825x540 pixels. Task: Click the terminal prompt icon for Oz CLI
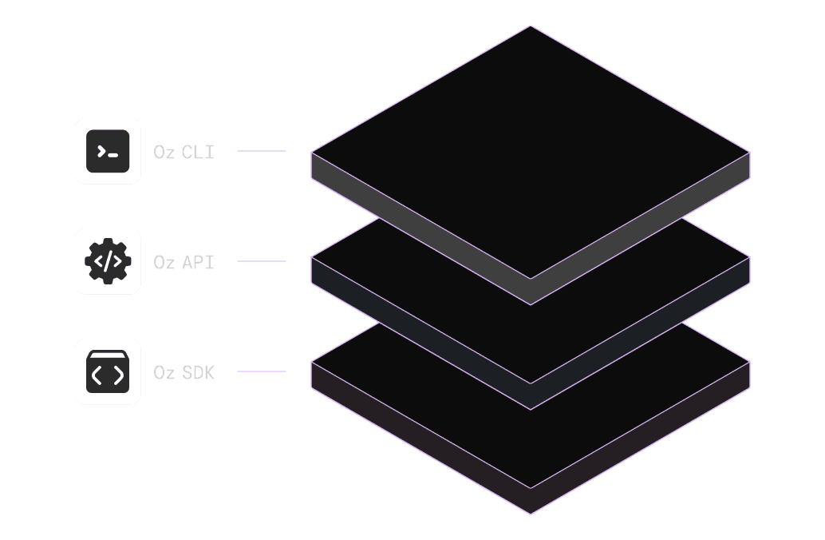pyautogui.click(x=108, y=151)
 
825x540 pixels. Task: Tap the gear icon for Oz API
pyautogui.click(x=108, y=261)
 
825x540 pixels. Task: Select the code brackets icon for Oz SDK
pyautogui.click(x=108, y=371)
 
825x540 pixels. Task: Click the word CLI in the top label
pyautogui.click(x=199, y=152)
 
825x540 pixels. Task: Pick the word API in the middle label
pyautogui.click(x=199, y=262)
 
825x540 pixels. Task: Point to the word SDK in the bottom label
pyautogui.click(x=199, y=372)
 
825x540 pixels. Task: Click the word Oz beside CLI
pyautogui.click(x=164, y=152)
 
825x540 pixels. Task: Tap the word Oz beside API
pyautogui.click(x=164, y=262)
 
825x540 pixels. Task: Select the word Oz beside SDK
pyautogui.click(x=164, y=372)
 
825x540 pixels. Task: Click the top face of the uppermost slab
pyautogui.click(x=531, y=152)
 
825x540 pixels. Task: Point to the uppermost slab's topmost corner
pyautogui.click(x=531, y=26)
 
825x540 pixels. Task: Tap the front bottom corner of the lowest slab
pyautogui.click(x=531, y=513)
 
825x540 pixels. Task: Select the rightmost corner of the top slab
pyautogui.click(x=750, y=152)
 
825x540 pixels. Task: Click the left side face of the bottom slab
pyautogui.click(x=415, y=436)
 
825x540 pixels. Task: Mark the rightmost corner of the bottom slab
pyautogui.click(x=750, y=363)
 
